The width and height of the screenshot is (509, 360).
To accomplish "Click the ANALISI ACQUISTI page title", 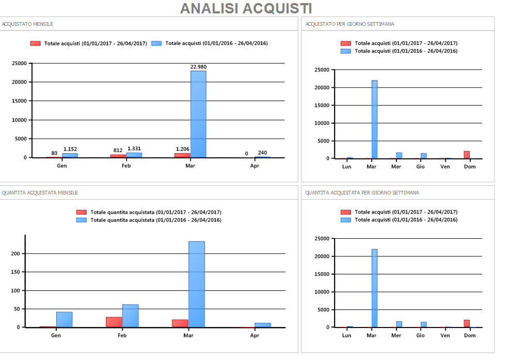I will [x=246, y=8].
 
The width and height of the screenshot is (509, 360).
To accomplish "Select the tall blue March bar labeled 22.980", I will [x=198, y=113].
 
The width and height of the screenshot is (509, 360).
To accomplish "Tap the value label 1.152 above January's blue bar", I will [x=70, y=149].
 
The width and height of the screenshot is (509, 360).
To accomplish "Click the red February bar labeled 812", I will [x=118, y=156].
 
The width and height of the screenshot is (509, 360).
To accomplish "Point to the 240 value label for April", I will [x=262, y=153].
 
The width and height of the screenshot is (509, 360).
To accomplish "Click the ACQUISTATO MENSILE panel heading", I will [x=27, y=24].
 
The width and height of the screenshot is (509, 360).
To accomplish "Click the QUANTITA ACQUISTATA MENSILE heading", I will [x=40, y=193].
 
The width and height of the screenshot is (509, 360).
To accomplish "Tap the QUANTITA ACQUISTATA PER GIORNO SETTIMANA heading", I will [x=362, y=193].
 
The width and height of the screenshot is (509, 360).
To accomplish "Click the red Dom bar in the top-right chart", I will [x=467, y=155].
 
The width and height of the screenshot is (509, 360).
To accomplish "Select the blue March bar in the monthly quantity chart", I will [x=196, y=284].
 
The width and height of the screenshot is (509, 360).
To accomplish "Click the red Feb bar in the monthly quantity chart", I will [x=114, y=322].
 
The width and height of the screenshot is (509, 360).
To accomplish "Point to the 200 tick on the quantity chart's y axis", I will [x=15, y=254].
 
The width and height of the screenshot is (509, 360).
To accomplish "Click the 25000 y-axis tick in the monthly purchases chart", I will [x=19, y=63].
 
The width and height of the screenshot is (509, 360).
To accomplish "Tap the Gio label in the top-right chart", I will [x=421, y=167].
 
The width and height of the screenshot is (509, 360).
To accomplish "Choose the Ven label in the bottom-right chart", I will [x=445, y=335].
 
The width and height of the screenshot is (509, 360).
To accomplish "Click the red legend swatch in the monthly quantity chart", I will [x=82, y=212].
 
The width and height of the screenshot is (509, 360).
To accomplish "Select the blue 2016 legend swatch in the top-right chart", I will [x=346, y=51].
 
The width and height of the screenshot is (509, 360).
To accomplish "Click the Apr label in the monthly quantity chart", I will [x=254, y=335].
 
